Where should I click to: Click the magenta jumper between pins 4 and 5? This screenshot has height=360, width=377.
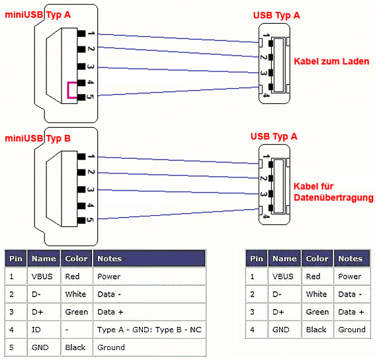point(68,90)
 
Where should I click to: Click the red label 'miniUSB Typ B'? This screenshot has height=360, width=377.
point(38,138)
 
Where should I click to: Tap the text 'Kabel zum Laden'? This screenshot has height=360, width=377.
point(331,62)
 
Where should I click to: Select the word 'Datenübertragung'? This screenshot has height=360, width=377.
point(334,198)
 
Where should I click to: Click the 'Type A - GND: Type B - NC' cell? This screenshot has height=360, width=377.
point(149,330)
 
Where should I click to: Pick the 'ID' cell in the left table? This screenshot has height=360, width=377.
point(44,330)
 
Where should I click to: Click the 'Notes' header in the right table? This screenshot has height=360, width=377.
point(352,259)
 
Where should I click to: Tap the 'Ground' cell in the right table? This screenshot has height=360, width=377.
point(352,330)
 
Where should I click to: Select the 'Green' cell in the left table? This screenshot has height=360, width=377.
point(77,312)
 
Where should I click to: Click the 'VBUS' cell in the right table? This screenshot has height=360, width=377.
point(284,276)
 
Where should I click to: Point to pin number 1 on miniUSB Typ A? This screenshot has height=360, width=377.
point(91,33)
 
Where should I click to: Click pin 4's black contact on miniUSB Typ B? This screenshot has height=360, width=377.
point(81,206)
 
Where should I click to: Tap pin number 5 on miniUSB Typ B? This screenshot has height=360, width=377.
point(90,220)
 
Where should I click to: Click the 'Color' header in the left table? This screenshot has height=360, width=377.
point(77,259)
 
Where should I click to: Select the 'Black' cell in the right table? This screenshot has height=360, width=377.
point(317,330)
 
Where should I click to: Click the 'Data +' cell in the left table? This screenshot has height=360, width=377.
point(149,312)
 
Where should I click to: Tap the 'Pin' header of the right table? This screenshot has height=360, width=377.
point(257,259)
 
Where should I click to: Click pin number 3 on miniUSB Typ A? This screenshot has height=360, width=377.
point(91,66)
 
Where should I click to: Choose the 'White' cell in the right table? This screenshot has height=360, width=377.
point(317,294)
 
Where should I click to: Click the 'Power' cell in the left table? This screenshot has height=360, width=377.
point(149,276)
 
